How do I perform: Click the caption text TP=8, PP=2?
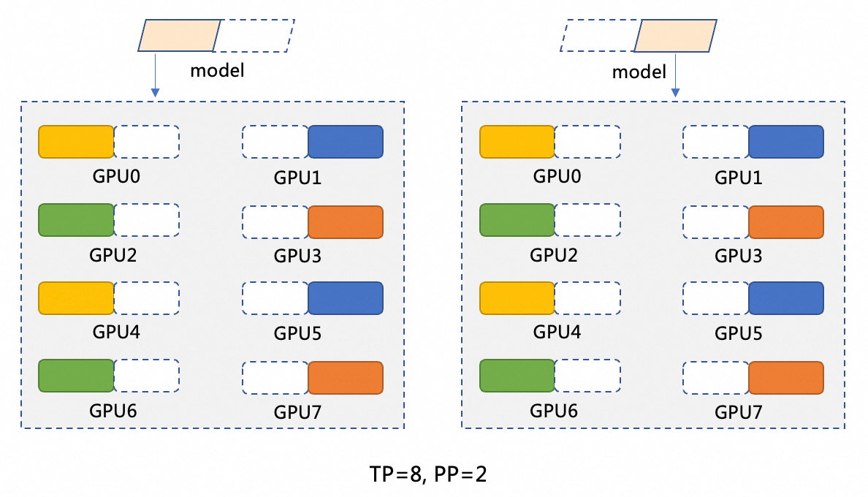click(427, 474)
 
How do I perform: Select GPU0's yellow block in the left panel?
click(76, 142)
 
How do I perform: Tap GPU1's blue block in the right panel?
click(786, 142)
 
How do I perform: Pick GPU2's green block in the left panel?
click(76, 220)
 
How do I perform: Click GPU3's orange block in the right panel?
click(786, 222)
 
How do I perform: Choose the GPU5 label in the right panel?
click(739, 333)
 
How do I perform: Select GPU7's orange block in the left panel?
click(346, 378)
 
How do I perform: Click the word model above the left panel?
click(217, 71)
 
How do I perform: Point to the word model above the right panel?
click(639, 72)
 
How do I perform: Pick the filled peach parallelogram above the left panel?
click(180, 35)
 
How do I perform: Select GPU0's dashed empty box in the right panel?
click(587, 142)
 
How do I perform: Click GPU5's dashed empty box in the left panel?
click(275, 298)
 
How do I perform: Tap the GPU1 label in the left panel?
click(298, 178)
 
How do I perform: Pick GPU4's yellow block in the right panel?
click(517, 298)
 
